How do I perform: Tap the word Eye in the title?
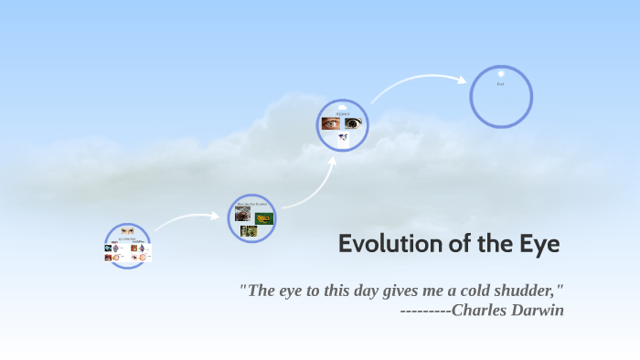537,244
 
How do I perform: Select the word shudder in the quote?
528,291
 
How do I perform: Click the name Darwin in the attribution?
538,310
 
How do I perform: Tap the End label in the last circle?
500,84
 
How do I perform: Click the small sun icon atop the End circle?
501,72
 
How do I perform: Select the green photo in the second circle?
264,217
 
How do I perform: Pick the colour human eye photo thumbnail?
330,123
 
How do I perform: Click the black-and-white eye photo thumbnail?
353,123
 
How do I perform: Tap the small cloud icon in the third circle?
343,137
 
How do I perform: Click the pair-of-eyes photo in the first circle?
127,231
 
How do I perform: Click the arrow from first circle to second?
187,220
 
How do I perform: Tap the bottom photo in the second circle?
249,231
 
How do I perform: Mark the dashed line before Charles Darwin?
425,311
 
